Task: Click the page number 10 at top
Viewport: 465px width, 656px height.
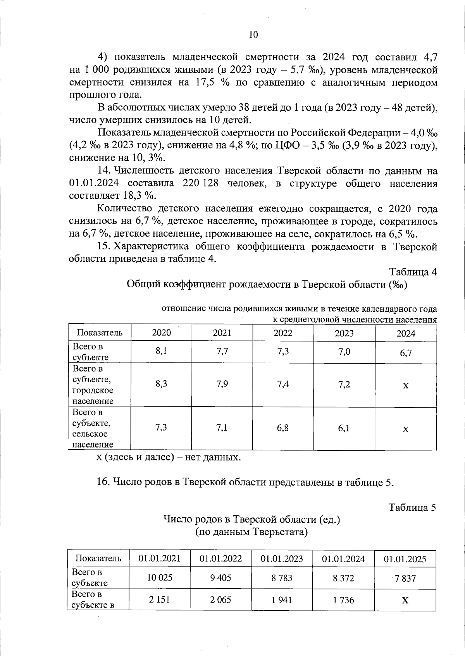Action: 253,35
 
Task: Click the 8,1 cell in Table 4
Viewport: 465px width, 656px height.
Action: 161,351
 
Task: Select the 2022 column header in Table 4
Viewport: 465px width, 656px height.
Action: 283,333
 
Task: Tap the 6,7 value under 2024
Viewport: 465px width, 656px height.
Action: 406,353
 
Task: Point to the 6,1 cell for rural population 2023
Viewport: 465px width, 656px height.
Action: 344,428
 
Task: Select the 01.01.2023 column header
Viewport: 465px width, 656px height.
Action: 282,558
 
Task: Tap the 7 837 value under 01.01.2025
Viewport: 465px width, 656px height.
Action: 405,579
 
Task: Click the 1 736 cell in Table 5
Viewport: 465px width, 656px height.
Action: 343,600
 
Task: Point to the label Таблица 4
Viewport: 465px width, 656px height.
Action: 413,272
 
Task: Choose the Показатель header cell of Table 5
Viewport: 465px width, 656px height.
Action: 98,558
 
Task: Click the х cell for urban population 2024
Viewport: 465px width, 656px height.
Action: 406,386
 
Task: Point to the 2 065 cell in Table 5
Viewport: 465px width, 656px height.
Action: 220,600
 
